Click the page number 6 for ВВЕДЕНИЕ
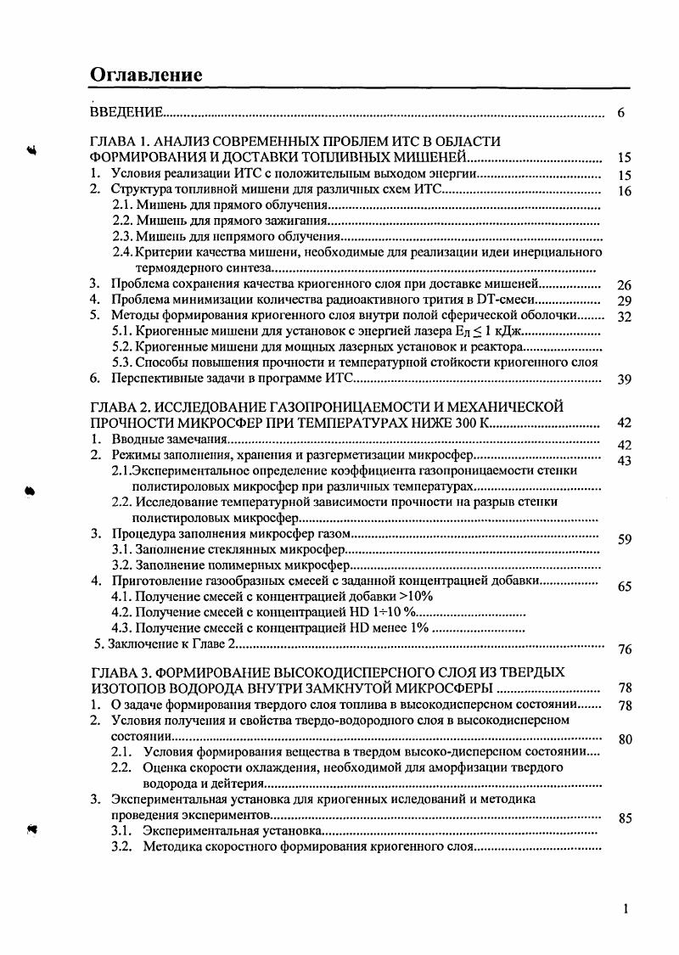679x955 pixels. coord(621,114)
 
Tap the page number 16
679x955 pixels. coord(625,192)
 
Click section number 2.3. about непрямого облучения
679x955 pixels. coord(123,237)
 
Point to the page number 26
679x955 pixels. coord(625,285)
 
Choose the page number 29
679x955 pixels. coord(625,301)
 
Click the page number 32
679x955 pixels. coord(625,317)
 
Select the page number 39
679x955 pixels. coord(625,379)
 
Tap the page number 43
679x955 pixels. coord(625,460)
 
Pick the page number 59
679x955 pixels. coord(625,538)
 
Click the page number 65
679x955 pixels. coord(625,587)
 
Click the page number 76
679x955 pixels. coord(625,650)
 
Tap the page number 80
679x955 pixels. coord(625,739)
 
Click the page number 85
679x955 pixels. coord(625,819)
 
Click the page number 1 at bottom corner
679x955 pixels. coord(626,909)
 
